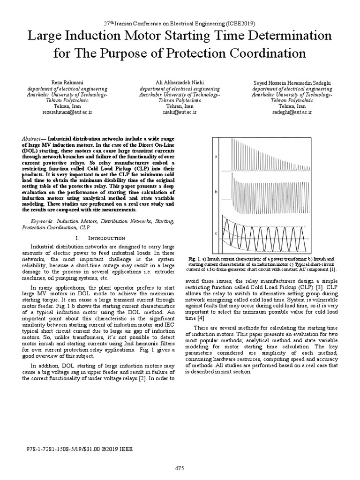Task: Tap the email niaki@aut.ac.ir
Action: [180, 112]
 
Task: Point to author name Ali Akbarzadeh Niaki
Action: [180, 82]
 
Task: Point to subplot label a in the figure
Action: [216, 156]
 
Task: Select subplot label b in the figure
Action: [216, 192]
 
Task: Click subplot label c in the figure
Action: [216, 232]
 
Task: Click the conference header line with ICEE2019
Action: [180, 22]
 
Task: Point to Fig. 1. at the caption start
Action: [194, 258]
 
